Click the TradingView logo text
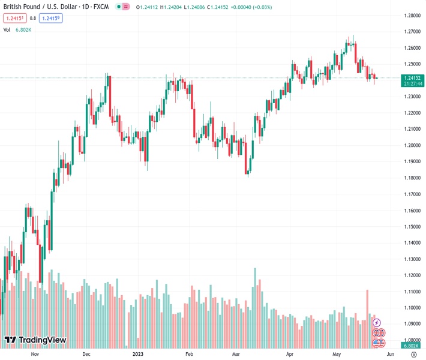pyautogui.click(x=42, y=340)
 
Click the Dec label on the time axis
pyautogui.click(x=86, y=354)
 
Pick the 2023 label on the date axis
pyautogui.click(x=138, y=354)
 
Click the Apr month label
pyautogui.click(x=290, y=354)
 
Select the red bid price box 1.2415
pyautogui.click(x=14, y=18)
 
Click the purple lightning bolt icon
pyautogui.click(x=377, y=323)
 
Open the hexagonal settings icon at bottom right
pyautogui.click(x=413, y=354)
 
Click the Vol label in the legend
pyautogui.click(x=7, y=29)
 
